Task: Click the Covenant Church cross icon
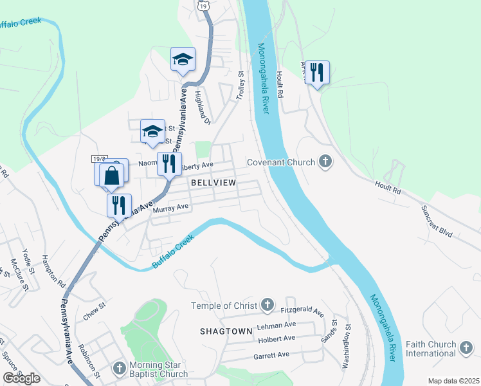(325, 162)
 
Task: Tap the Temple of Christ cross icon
(268, 305)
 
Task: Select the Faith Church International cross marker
(466, 348)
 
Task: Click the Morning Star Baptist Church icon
(118, 369)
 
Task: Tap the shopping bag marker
(112, 175)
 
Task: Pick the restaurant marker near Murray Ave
(119, 205)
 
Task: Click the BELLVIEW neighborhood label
(213, 183)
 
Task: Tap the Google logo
(22, 378)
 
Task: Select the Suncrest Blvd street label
(438, 220)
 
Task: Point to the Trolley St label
(242, 85)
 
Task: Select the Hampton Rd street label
(54, 270)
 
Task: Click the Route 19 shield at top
(203, 5)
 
